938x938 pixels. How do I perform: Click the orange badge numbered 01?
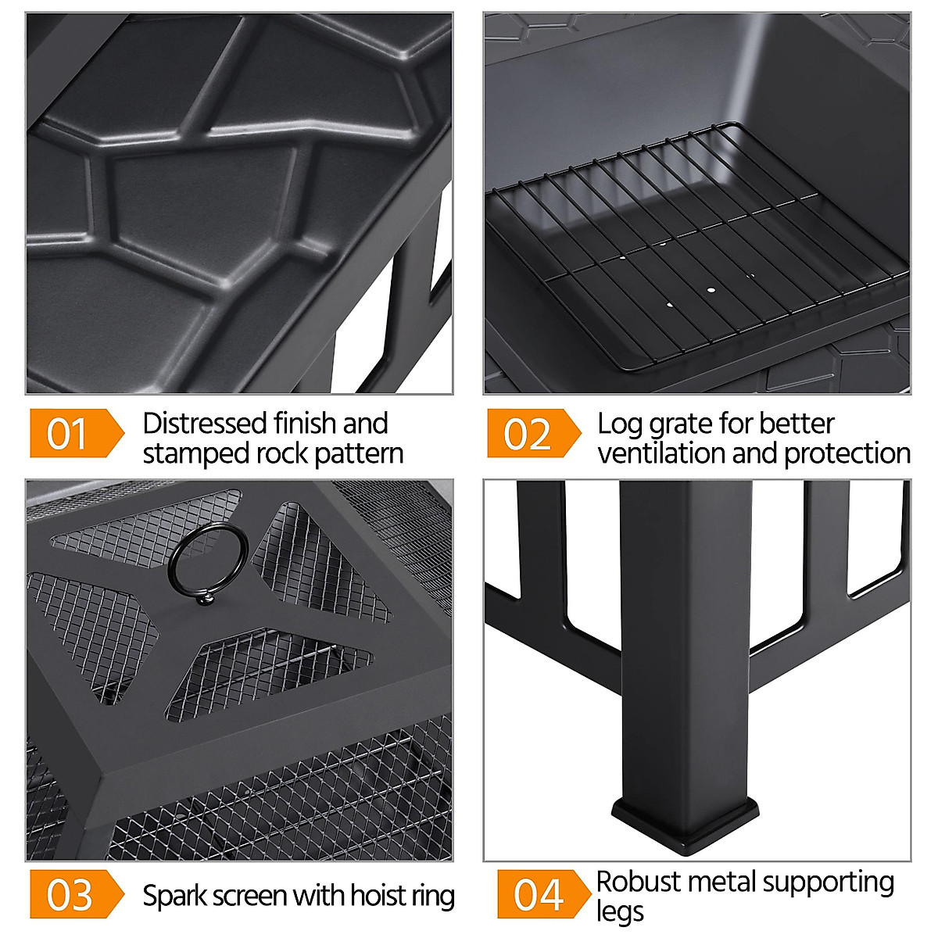click(x=77, y=433)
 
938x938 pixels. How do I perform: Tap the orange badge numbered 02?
click(x=534, y=433)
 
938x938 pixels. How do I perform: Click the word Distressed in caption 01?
click(x=204, y=424)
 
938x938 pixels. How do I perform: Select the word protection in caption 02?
click(x=847, y=453)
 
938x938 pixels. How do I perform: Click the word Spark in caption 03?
click(x=174, y=896)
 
